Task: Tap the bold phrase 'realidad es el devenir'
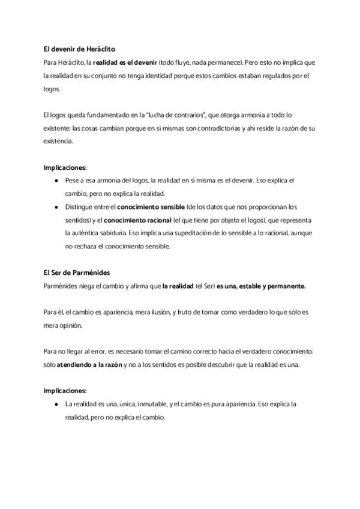pyautogui.click(x=124, y=62)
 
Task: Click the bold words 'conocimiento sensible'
pyautogui.click(x=151, y=206)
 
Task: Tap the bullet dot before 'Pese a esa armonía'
pyautogui.click(x=56, y=180)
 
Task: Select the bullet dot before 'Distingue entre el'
pyautogui.click(x=56, y=206)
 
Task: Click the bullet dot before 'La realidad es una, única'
pyautogui.click(x=56, y=404)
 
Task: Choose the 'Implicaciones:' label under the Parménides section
pyautogui.click(x=65, y=390)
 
